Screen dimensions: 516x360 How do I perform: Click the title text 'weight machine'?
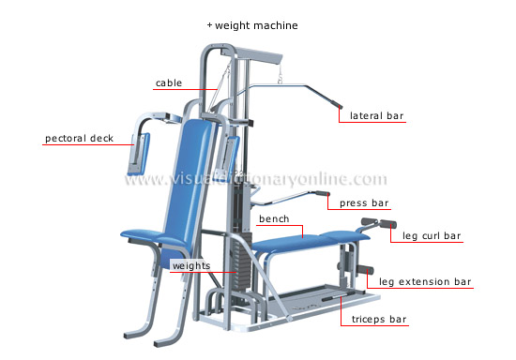pos(256,25)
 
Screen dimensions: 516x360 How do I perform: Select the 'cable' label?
pos(169,82)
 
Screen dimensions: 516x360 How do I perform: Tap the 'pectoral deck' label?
pos(79,139)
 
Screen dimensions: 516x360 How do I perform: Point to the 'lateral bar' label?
pos(376,116)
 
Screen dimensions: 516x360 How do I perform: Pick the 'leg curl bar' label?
pos(432,235)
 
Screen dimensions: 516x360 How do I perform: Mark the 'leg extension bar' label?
pos(425,281)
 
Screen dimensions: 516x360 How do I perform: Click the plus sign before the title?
pos(210,25)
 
